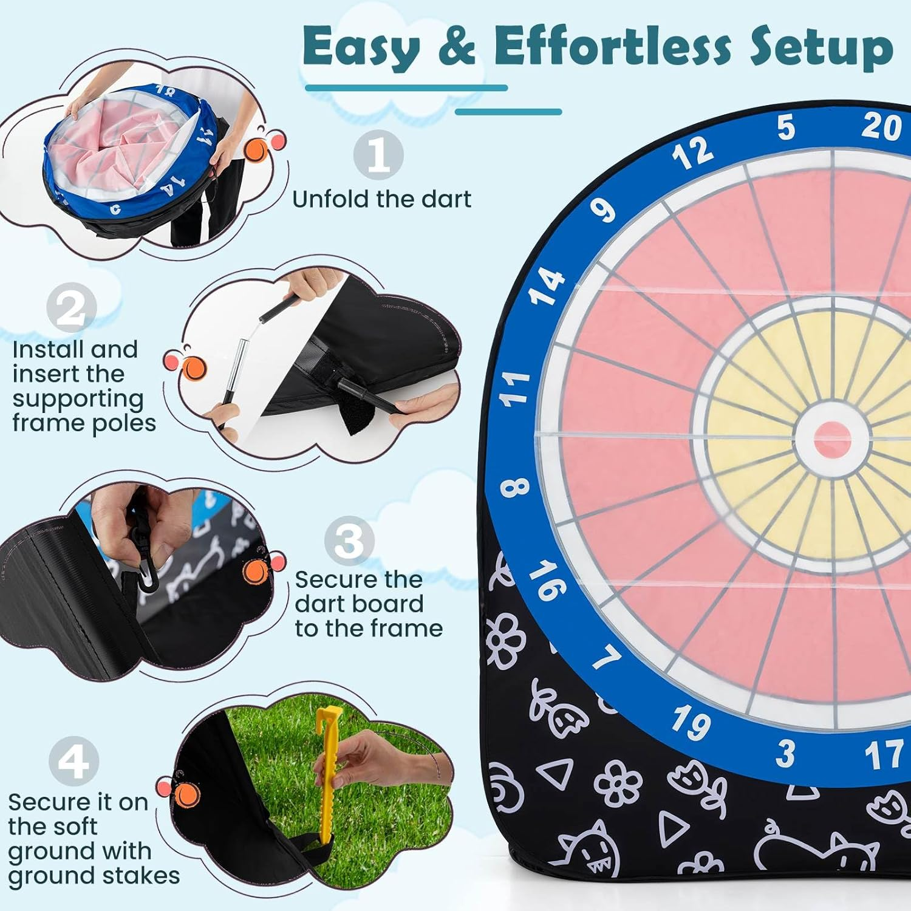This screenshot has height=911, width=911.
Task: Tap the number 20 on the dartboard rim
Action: [x=882, y=127]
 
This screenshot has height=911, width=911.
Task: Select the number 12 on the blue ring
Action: [x=692, y=153]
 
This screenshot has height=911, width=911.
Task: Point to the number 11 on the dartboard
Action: [x=514, y=389]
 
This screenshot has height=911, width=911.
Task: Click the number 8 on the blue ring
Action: [x=515, y=486]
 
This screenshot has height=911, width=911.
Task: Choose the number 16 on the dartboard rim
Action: [x=547, y=580]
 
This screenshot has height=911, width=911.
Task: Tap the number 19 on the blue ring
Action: [x=691, y=723]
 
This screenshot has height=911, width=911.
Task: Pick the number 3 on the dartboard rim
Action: [x=785, y=754]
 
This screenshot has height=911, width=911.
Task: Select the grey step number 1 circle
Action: [x=378, y=155]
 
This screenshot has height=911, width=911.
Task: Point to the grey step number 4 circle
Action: [x=73, y=761]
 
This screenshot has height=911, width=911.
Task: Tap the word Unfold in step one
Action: [x=330, y=199]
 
